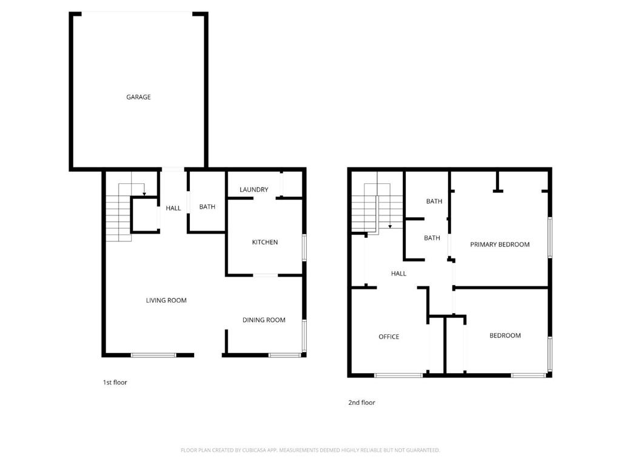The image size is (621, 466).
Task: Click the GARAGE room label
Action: pyautogui.click(x=138, y=97)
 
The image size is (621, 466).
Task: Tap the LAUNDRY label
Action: pyautogui.click(x=253, y=190)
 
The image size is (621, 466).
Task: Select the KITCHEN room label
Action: pyautogui.click(x=265, y=242)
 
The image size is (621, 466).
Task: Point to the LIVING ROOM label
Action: pyautogui.click(x=166, y=300)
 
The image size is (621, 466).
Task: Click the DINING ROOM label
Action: pyautogui.click(x=264, y=320)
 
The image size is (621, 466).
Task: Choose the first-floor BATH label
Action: pyautogui.click(x=207, y=207)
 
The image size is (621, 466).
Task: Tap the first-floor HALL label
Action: pyautogui.click(x=173, y=208)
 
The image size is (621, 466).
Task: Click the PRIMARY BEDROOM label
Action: pyautogui.click(x=500, y=245)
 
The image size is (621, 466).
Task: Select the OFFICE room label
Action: pyautogui.click(x=389, y=337)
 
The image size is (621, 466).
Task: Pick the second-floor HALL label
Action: pyautogui.click(x=398, y=274)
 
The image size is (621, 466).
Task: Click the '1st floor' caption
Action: pyautogui.click(x=115, y=382)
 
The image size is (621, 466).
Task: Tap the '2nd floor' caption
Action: pyautogui.click(x=361, y=402)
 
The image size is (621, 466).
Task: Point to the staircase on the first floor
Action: pyautogui.click(x=119, y=215)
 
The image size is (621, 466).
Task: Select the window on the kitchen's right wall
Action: pyautogui.click(x=304, y=248)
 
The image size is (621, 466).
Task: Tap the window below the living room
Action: pyautogui.click(x=153, y=355)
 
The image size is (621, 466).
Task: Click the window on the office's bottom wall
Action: pyautogui.click(x=398, y=376)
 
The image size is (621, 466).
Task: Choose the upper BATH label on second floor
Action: pyautogui.click(x=434, y=201)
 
